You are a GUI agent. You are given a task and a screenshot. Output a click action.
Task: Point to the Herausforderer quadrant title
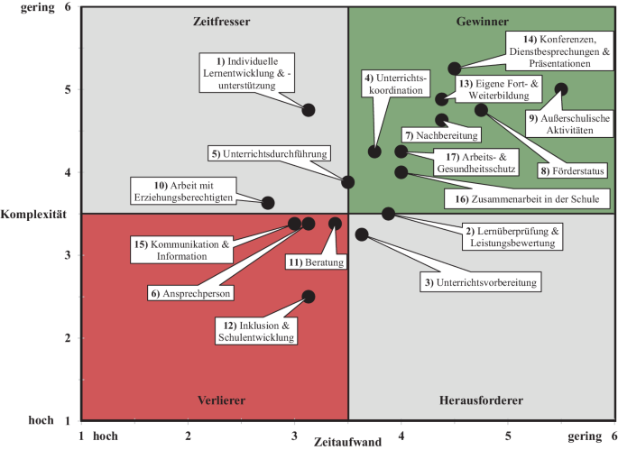481,399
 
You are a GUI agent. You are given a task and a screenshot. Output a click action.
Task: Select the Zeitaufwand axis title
348,442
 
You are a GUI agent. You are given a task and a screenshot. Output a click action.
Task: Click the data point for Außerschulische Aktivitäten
561,89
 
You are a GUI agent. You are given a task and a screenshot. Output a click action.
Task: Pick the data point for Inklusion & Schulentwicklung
309,297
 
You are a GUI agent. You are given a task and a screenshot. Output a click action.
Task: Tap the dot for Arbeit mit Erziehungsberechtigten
268,203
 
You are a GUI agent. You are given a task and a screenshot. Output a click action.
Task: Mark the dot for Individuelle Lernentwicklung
309,110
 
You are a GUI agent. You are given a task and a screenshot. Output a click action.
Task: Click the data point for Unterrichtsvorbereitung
362,234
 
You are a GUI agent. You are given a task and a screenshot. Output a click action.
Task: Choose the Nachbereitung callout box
441,134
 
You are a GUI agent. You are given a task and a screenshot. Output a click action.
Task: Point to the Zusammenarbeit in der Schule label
527,197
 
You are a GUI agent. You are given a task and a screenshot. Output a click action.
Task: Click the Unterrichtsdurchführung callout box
270,153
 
